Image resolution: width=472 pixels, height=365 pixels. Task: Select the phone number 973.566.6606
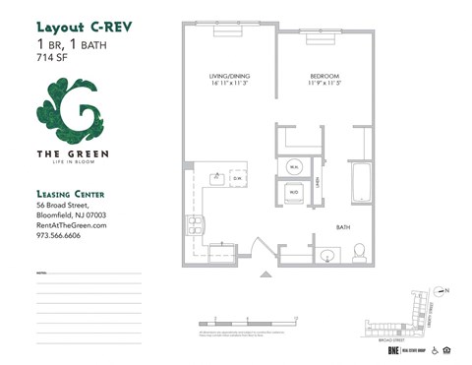click(x=64, y=236)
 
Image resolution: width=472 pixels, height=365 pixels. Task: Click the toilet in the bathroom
click(x=359, y=253)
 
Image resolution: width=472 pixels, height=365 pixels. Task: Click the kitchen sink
click(x=216, y=179)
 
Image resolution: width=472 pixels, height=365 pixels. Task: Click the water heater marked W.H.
click(x=294, y=168)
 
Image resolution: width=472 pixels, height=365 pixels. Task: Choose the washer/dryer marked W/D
click(x=294, y=192)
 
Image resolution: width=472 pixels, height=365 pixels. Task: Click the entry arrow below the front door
click(x=263, y=274)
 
